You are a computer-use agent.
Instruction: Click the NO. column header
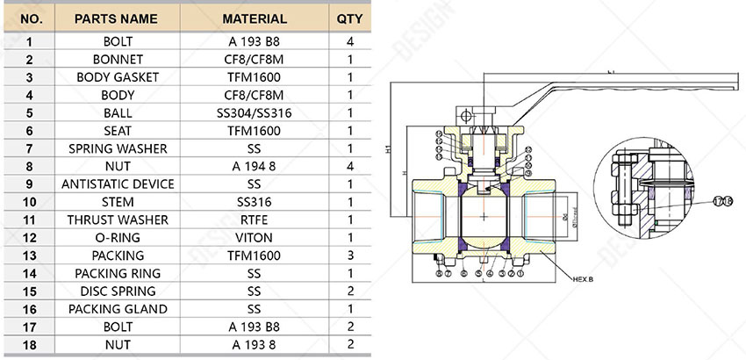pos(30,18)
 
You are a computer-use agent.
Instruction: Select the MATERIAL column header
pos(255,18)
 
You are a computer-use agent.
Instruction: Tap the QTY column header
pos(349,18)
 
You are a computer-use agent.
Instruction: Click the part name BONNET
pos(118,60)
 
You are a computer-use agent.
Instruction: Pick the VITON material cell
pos(255,238)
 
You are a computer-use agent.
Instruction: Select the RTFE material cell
pos(255,220)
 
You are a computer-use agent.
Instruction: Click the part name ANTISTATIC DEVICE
pos(118,184)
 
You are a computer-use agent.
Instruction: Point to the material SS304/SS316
pos(255,113)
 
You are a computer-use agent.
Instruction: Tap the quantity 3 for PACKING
pos(349,256)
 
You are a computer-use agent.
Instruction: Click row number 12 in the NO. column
pos(30,238)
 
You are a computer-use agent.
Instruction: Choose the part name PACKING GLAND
pos(118,309)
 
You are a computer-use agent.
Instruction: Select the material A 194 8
pos(255,166)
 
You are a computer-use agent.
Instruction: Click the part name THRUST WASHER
pos(118,220)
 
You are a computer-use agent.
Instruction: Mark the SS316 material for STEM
pos(255,202)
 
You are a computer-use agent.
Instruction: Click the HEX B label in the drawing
pos(583,279)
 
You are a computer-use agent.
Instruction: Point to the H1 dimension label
pos(389,150)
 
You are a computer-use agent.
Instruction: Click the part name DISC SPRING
pos(118,291)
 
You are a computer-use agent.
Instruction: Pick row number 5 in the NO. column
pos(30,113)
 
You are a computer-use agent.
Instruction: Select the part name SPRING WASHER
pos(118,148)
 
